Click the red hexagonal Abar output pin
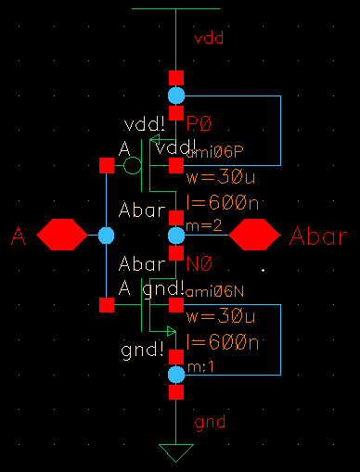[x=254, y=236]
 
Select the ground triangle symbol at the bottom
[x=176, y=453]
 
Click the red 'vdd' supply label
[x=209, y=38]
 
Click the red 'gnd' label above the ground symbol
[x=210, y=423]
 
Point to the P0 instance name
[x=200, y=123]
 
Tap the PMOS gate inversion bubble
[x=133, y=166]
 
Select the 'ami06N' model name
[x=214, y=292]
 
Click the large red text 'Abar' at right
[x=319, y=236]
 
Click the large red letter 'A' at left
[x=17, y=237]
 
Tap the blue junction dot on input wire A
[x=106, y=236]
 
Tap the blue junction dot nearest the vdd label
[x=176, y=96]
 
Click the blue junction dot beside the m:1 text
[x=176, y=375]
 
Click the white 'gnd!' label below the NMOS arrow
[x=144, y=353]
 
